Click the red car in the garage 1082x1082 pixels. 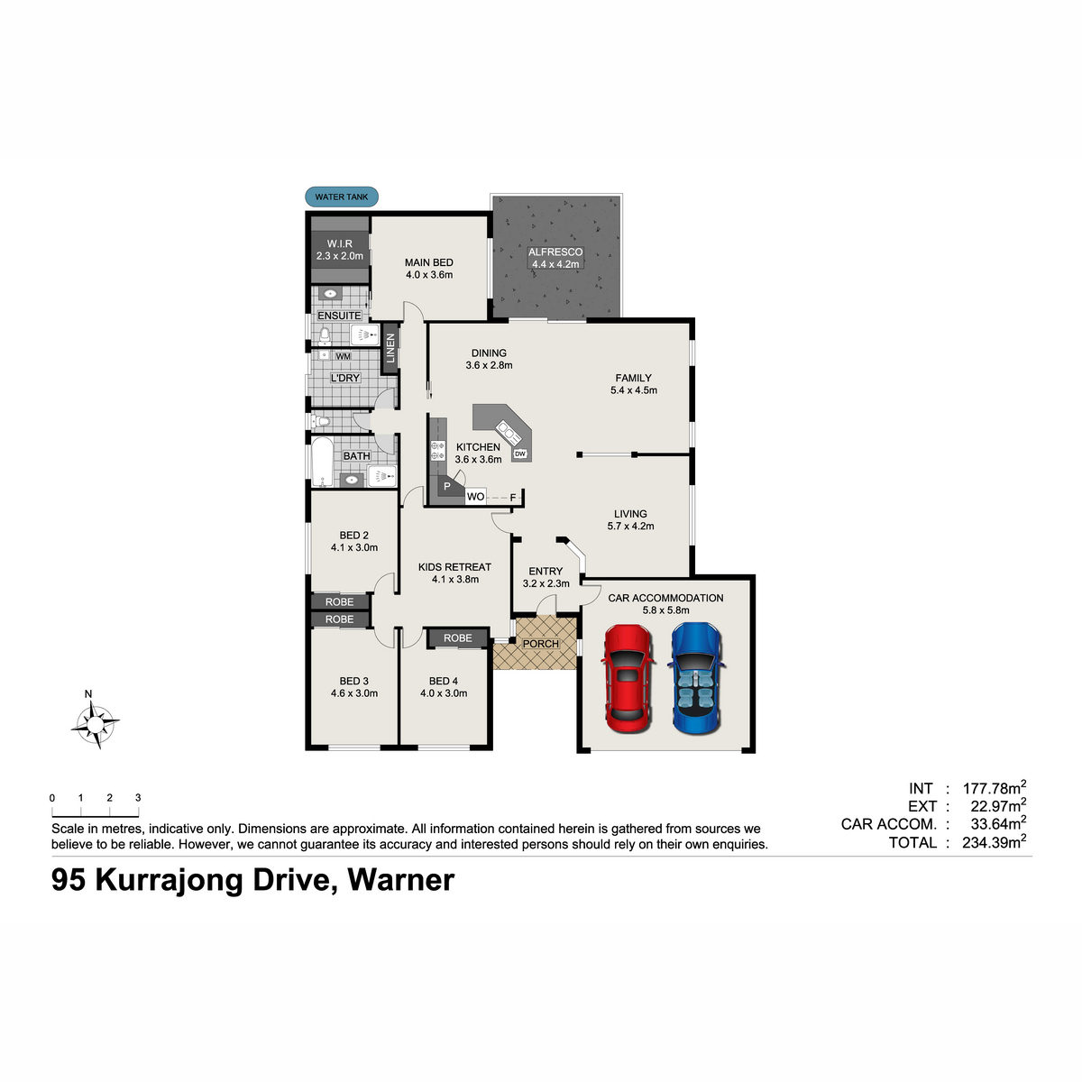(x=628, y=678)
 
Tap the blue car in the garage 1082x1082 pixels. (x=696, y=678)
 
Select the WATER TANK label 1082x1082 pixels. (x=342, y=197)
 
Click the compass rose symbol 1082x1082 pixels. (x=96, y=725)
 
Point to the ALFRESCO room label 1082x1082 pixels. (x=555, y=252)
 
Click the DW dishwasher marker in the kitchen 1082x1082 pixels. (x=520, y=454)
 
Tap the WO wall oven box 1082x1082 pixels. (x=475, y=496)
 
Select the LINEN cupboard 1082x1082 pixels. (x=390, y=348)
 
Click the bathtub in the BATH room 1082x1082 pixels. (x=322, y=462)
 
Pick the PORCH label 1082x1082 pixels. (x=541, y=644)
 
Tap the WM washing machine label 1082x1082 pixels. (x=343, y=356)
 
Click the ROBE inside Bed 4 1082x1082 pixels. (x=458, y=637)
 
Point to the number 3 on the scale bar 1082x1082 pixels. (x=138, y=797)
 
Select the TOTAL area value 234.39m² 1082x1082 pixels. (x=995, y=841)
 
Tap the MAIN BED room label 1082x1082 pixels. (x=429, y=262)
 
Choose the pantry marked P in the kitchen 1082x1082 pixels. (x=447, y=487)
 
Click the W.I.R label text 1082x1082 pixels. (x=340, y=243)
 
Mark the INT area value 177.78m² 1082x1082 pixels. (x=995, y=787)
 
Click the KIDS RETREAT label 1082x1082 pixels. (x=454, y=567)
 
